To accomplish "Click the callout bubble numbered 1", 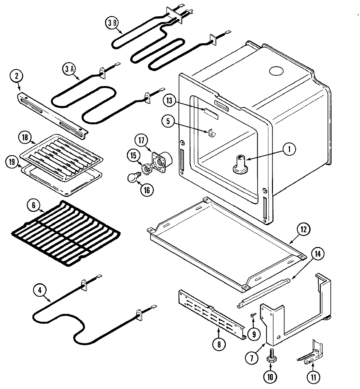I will (x=288, y=150).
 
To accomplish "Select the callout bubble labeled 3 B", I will (x=112, y=23).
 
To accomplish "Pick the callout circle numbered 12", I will (x=303, y=229).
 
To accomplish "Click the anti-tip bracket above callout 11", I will (x=311, y=355).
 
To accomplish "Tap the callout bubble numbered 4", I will (x=40, y=290).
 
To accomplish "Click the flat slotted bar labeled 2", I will (x=52, y=113).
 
